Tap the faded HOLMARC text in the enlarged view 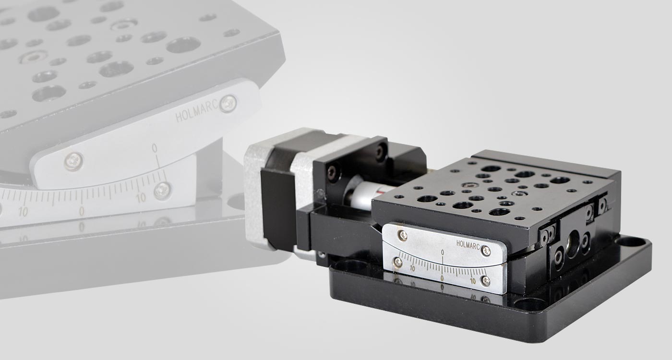click(x=197, y=112)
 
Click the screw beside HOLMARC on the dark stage click(x=486, y=251)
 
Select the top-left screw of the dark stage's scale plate click(x=403, y=235)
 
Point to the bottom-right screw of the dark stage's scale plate click(x=486, y=281)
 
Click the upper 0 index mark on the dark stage click(x=443, y=252)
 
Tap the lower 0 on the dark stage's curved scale click(x=442, y=278)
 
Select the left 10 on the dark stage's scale click(x=412, y=268)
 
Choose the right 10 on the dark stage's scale click(x=473, y=281)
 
